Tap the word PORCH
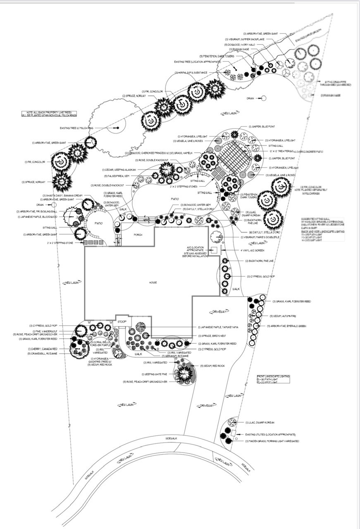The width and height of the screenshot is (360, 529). click(138, 235)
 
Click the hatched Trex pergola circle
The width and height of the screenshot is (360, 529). click(234, 157)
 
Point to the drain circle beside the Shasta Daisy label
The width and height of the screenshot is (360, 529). click(54, 205)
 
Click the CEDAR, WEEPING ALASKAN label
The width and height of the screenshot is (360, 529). click(117, 170)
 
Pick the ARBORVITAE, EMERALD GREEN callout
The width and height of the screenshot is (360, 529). click(289, 326)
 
